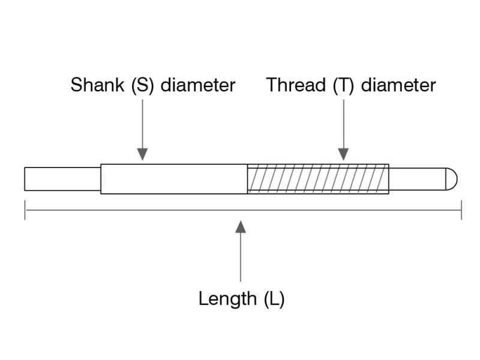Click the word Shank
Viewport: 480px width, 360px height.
tap(97, 85)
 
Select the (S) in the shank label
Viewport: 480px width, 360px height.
tap(142, 85)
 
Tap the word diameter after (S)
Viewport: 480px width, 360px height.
tap(198, 85)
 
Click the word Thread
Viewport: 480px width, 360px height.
tap(296, 85)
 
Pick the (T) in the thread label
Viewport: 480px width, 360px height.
tap(343, 85)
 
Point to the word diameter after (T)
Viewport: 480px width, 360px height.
tap(398, 85)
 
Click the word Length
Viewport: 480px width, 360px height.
tap(227, 299)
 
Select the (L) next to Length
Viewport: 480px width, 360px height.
tap(274, 299)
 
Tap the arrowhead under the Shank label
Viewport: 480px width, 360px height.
tap(142, 154)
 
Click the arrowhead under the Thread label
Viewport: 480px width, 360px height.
tap(343, 154)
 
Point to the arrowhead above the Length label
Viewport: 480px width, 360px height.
tap(241, 227)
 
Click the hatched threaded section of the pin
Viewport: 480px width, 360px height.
tap(318, 179)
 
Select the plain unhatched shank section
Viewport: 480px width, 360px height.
tap(174, 179)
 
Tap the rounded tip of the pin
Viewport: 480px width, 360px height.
tap(451, 179)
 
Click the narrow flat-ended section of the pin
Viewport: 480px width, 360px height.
tap(62, 179)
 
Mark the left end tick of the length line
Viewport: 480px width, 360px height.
tap(25, 210)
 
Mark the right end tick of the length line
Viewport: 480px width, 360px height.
tap(461, 210)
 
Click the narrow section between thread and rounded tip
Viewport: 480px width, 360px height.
tap(417, 179)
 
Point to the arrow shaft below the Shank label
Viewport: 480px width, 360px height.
tap(142, 124)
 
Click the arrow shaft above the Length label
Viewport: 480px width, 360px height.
tap(241, 257)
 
